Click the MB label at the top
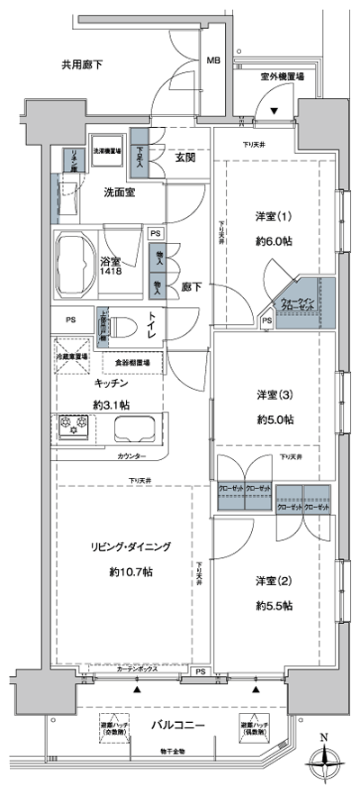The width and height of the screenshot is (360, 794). pos(213,61)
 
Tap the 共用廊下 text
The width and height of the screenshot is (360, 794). pos(82,64)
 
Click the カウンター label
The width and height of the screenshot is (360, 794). pos(134,457)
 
